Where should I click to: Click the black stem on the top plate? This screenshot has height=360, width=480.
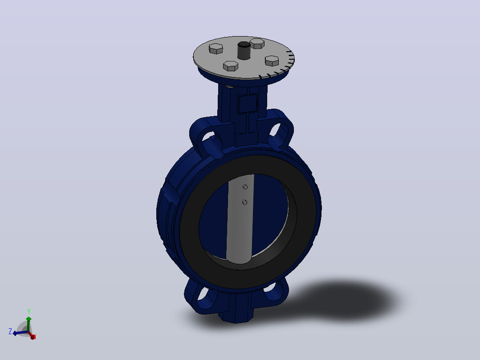click(x=244, y=50)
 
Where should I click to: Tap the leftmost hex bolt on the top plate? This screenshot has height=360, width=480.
click(x=216, y=49)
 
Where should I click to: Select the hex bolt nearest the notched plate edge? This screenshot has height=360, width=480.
click(x=272, y=61)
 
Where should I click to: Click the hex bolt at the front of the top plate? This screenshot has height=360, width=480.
click(x=231, y=66)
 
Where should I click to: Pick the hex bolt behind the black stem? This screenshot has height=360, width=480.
click(x=257, y=43)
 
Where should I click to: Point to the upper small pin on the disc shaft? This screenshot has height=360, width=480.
click(x=245, y=187)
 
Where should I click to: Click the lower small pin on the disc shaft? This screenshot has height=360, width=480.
click(x=244, y=202)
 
